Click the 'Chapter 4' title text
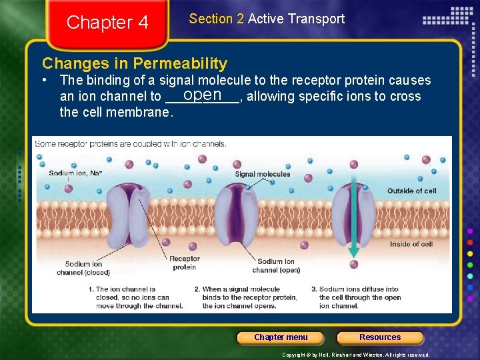[x=107, y=23]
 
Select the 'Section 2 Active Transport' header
[x=267, y=19]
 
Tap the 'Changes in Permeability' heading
[x=135, y=64]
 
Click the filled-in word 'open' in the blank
[x=203, y=95]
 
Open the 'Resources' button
[x=380, y=337]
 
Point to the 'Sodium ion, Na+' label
[x=75, y=173]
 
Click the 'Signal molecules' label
[x=263, y=174]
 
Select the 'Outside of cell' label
[x=411, y=191]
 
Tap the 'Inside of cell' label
[x=411, y=244]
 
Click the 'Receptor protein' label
[x=184, y=263]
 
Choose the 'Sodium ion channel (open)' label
[x=276, y=266]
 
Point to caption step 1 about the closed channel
[x=136, y=297]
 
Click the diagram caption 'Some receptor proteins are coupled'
[x=131, y=143]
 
